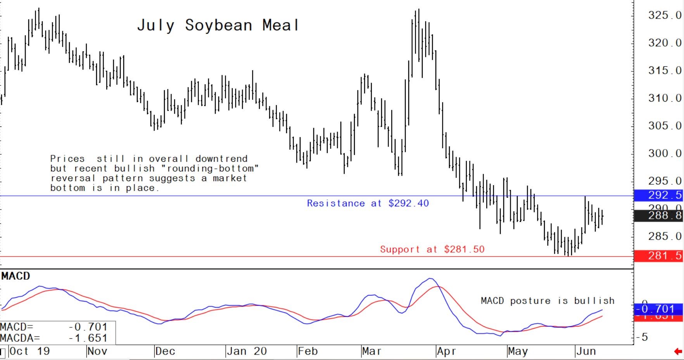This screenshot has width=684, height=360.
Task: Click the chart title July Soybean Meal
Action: [x=218, y=26]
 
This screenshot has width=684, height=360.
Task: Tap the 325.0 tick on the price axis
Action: [x=664, y=16]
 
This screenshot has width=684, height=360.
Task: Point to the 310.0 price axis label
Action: [x=664, y=98]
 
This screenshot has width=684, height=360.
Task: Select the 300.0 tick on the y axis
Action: [x=664, y=154]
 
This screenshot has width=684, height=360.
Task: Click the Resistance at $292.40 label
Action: [x=368, y=203]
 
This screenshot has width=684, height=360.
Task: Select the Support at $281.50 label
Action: [x=432, y=249]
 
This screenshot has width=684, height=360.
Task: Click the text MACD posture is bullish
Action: [x=547, y=301]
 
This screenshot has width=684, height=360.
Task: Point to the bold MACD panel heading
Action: [x=16, y=276]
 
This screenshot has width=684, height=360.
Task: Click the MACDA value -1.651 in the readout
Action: [x=88, y=338]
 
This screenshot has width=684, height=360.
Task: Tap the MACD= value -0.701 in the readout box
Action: [x=88, y=327]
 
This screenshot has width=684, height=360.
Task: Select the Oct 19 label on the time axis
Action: [x=29, y=351]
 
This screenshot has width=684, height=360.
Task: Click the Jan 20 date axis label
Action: [x=247, y=351]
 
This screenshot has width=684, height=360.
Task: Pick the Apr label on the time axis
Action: [x=446, y=351]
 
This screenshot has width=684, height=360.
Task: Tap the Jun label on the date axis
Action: [x=586, y=351]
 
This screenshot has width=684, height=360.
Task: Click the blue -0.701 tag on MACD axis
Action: [x=658, y=309]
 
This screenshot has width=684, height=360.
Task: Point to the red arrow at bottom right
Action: [x=678, y=352]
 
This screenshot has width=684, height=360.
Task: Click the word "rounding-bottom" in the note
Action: [x=210, y=169]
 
